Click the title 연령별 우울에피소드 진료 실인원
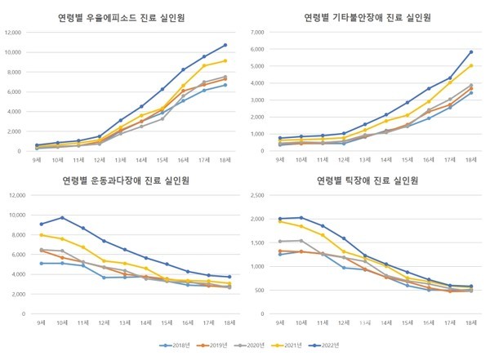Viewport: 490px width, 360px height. click(x=123, y=16)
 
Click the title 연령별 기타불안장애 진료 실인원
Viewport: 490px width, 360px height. click(x=368, y=16)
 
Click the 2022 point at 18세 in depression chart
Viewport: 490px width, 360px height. click(x=225, y=45)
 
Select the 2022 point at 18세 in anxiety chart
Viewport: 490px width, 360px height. click(x=471, y=52)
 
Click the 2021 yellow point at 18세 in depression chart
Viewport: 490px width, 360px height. click(x=225, y=61)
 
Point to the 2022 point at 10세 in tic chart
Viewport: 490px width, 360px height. click(x=303, y=218)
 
